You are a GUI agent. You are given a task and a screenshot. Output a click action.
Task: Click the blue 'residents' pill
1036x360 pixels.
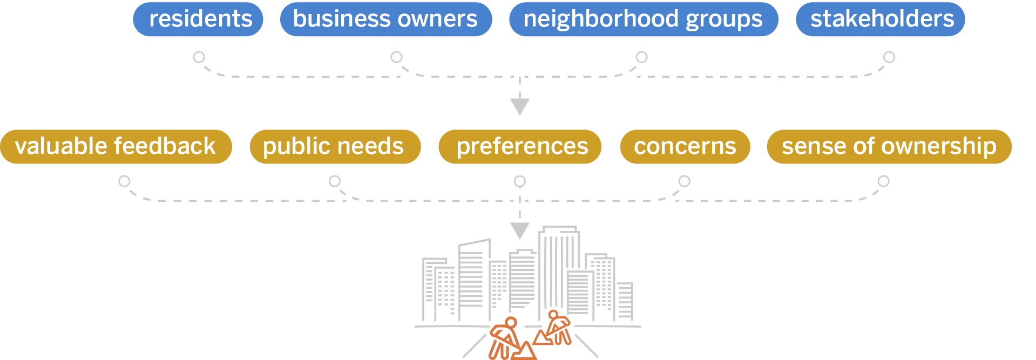point(198,19)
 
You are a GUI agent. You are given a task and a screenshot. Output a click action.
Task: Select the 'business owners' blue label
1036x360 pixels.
point(385,19)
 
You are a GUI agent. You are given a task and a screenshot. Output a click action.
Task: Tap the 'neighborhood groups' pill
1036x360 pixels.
point(643,19)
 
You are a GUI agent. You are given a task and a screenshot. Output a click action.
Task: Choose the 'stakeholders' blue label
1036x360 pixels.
point(881,19)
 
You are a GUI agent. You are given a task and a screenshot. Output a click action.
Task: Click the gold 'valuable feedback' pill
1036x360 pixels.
point(116,146)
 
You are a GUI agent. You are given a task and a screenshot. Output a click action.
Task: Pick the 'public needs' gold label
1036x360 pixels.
point(334,146)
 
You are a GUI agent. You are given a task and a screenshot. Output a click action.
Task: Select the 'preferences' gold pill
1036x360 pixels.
point(520,146)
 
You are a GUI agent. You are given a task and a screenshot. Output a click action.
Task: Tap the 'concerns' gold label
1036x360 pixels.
point(685,146)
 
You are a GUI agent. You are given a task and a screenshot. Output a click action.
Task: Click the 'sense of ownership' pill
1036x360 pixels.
point(889,146)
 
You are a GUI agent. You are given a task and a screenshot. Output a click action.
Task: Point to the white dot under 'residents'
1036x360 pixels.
point(199,57)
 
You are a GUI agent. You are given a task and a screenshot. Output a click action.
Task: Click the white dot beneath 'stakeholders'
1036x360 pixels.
point(889,57)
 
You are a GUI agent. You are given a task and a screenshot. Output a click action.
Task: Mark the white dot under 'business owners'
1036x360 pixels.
point(396,57)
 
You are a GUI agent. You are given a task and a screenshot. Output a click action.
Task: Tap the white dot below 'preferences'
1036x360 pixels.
point(519,181)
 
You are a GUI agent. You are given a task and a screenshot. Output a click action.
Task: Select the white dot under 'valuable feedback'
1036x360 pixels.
point(124,181)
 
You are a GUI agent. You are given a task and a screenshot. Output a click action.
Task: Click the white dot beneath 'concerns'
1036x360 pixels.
point(684,181)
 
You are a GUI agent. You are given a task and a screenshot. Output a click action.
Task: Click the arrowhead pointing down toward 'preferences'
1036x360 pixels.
point(519,106)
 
